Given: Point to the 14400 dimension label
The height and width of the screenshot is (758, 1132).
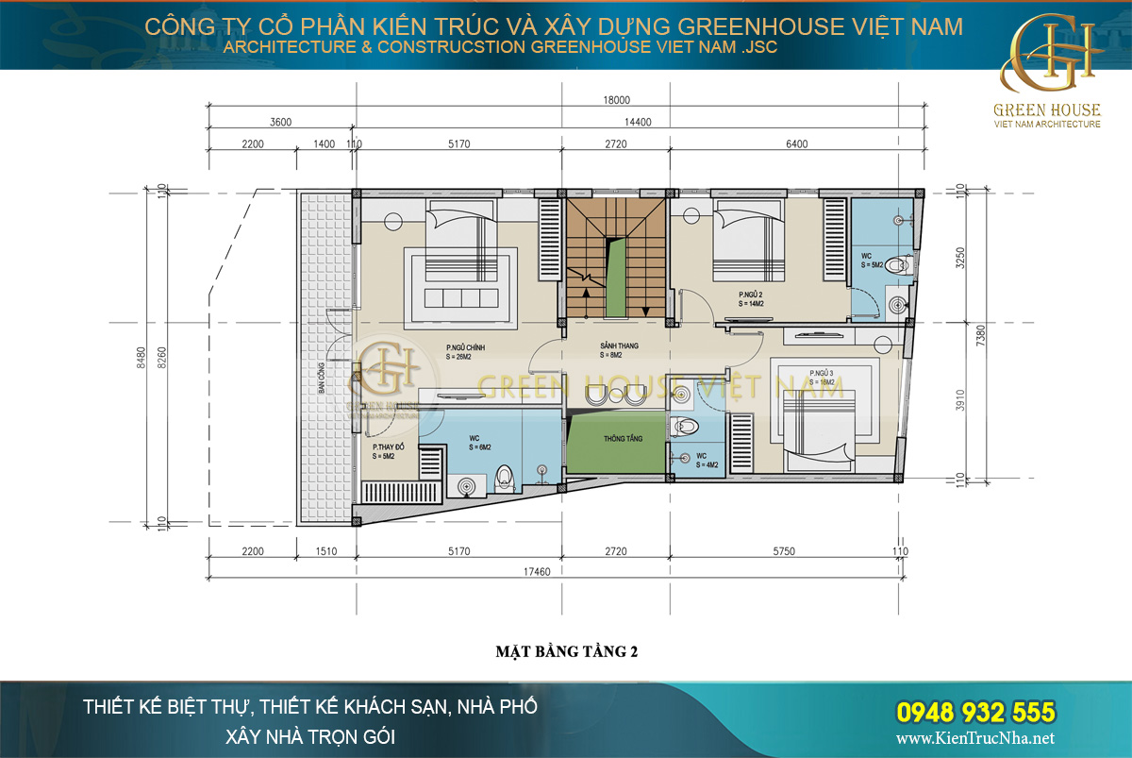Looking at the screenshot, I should [x=638, y=122].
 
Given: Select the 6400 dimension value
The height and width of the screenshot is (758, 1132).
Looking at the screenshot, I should [x=796, y=144].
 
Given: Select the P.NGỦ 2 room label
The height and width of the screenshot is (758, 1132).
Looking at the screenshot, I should [x=750, y=299].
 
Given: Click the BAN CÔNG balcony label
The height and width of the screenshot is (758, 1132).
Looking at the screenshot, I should [x=322, y=376].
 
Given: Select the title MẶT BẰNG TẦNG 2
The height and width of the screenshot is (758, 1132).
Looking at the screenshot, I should [x=566, y=651].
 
